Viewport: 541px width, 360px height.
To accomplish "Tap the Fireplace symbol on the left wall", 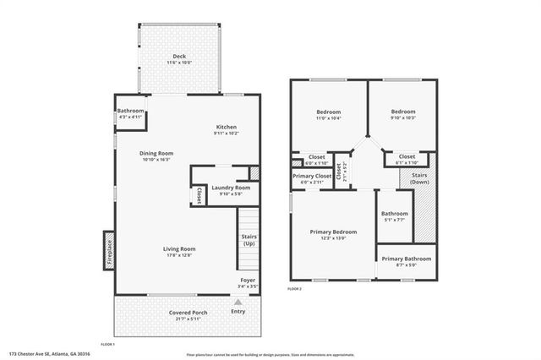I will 109,249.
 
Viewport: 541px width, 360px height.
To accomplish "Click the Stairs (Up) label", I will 249,240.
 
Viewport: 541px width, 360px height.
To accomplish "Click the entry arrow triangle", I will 238,301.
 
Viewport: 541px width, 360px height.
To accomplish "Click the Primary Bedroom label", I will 333,234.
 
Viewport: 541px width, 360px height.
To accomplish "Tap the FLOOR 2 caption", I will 294,289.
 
